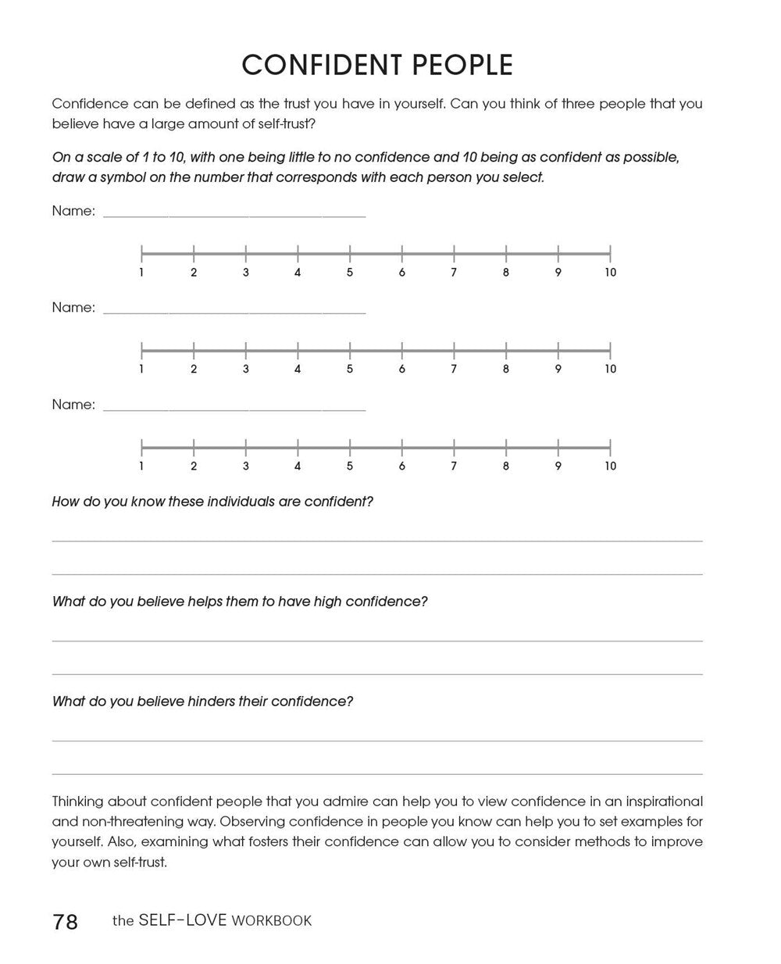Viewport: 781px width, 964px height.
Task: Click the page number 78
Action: pyautogui.click(x=66, y=922)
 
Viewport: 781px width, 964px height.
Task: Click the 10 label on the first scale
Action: pyautogui.click(x=610, y=273)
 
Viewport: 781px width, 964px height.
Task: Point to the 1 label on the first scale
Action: pyautogui.click(x=141, y=273)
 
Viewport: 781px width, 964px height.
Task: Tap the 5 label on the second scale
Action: pyautogui.click(x=350, y=370)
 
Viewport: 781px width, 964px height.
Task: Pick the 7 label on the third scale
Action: pyautogui.click(x=454, y=466)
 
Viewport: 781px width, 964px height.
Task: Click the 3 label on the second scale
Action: pyautogui.click(x=246, y=370)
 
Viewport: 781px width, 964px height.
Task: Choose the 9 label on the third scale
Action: pyautogui.click(x=558, y=466)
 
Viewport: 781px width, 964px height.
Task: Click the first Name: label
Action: pyautogui.click(x=73, y=211)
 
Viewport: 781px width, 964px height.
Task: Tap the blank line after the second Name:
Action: pyautogui.click(x=234, y=312)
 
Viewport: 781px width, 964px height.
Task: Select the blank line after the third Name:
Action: pyautogui.click(x=234, y=409)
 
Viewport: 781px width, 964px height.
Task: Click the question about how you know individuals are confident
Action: pyautogui.click(x=212, y=502)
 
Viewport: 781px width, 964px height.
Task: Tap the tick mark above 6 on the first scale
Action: pyautogui.click(x=402, y=252)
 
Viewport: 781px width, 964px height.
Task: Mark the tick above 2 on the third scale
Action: pyautogui.click(x=194, y=447)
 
